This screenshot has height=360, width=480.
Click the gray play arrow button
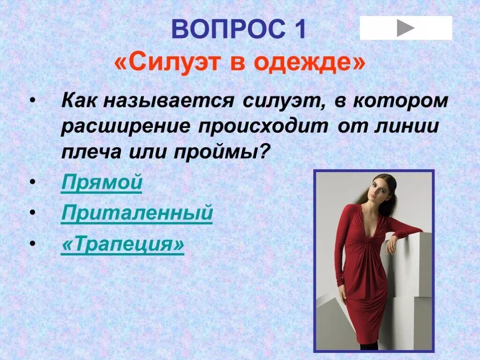pyautogui.click(x=406, y=28)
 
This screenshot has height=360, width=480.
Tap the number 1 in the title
pyautogui.click(x=300, y=30)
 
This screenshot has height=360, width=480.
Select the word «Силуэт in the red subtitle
pyautogui.click(x=167, y=63)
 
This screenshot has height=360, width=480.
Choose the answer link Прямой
pyautogui.click(x=101, y=183)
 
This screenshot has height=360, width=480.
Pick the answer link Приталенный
pyautogui.click(x=137, y=214)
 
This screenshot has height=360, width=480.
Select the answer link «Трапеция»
pyautogui.click(x=122, y=245)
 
